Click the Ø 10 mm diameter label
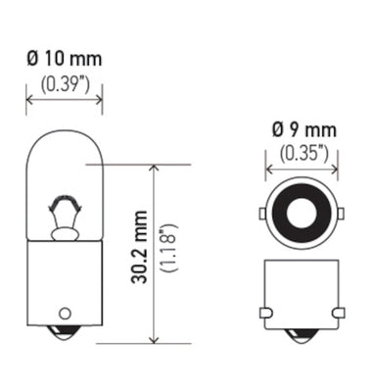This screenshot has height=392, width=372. pyautogui.click(x=64, y=60)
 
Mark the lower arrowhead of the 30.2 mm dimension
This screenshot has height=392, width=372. pyautogui.click(x=152, y=338)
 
